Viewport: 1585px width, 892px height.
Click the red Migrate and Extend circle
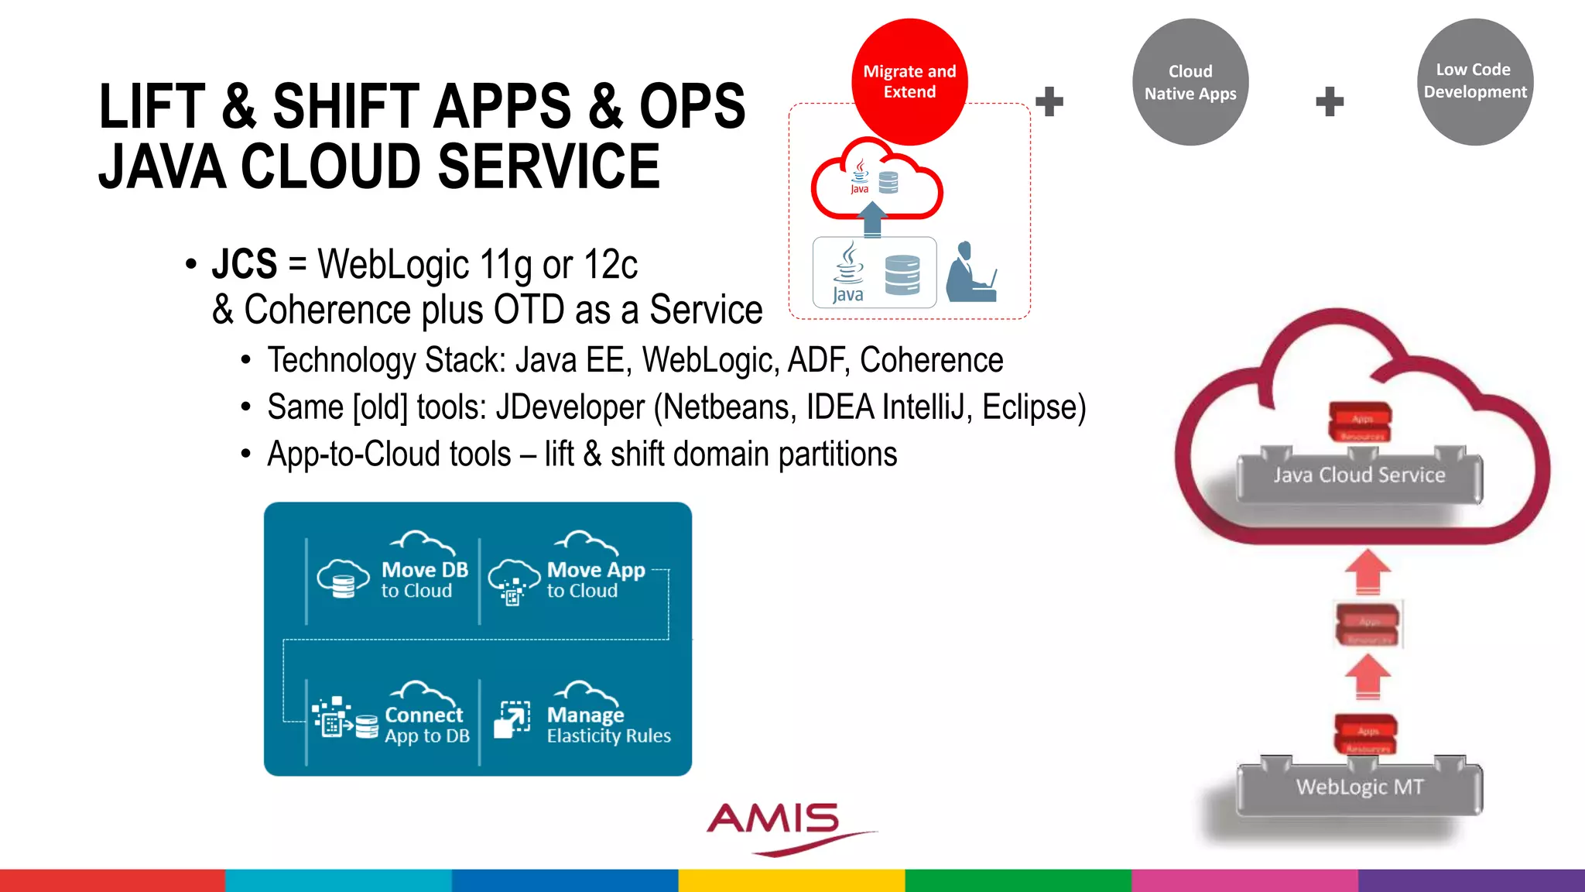point(909,81)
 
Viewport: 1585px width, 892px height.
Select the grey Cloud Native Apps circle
point(1190,82)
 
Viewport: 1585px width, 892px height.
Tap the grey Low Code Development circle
point(1475,81)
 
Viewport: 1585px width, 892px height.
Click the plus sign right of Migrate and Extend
point(1049,101)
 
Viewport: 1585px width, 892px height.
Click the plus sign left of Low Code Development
point(1330,101)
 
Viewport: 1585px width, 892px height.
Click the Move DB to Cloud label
point(424,580)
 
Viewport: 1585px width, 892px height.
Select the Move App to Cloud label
point(595,580)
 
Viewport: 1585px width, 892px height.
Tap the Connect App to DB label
point(426,725)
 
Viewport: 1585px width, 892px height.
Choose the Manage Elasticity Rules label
point(608,725)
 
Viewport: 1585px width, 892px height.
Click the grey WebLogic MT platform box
point(1359,787)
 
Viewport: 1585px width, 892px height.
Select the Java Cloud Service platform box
point(1359,475)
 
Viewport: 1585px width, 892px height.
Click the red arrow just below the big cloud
point(1368,571)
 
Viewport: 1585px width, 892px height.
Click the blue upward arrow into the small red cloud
point(873,218)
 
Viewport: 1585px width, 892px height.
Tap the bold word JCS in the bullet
point(244,264)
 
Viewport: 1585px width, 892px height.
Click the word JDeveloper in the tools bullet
point(570,407)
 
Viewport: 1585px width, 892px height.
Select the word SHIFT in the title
point(344,107)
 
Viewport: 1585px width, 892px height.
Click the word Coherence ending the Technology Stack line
point(931,360)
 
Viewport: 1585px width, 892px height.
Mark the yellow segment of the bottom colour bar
point(792,880)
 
